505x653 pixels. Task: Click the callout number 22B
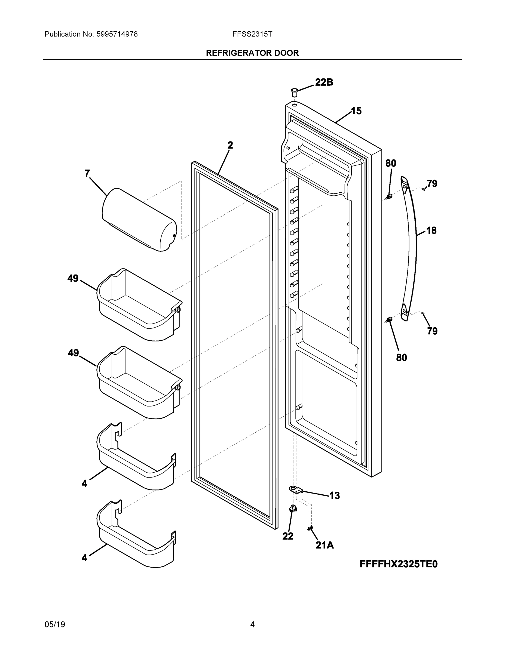[x=324, y=82]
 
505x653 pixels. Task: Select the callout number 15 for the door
[x=356, y=111]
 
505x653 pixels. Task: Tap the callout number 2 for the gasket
[x=230, y=145]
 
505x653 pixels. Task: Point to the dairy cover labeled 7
[x=139, y=220]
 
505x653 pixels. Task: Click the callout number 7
[x=87, y=173]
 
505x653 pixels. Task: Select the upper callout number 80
[x=391, y=163]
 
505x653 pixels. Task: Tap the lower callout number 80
[x=402, y=357]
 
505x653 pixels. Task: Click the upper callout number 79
[x=432, y=183]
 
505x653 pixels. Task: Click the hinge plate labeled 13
[x=296, y=489]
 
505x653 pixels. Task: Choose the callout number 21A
[x=325, y=545]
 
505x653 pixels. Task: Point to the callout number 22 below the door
[x=288, y=536]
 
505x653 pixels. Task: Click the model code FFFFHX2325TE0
[x=398, y=564]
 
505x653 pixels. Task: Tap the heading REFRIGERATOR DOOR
[x=252, y=53]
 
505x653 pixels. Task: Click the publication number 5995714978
[x=117, y=34]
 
